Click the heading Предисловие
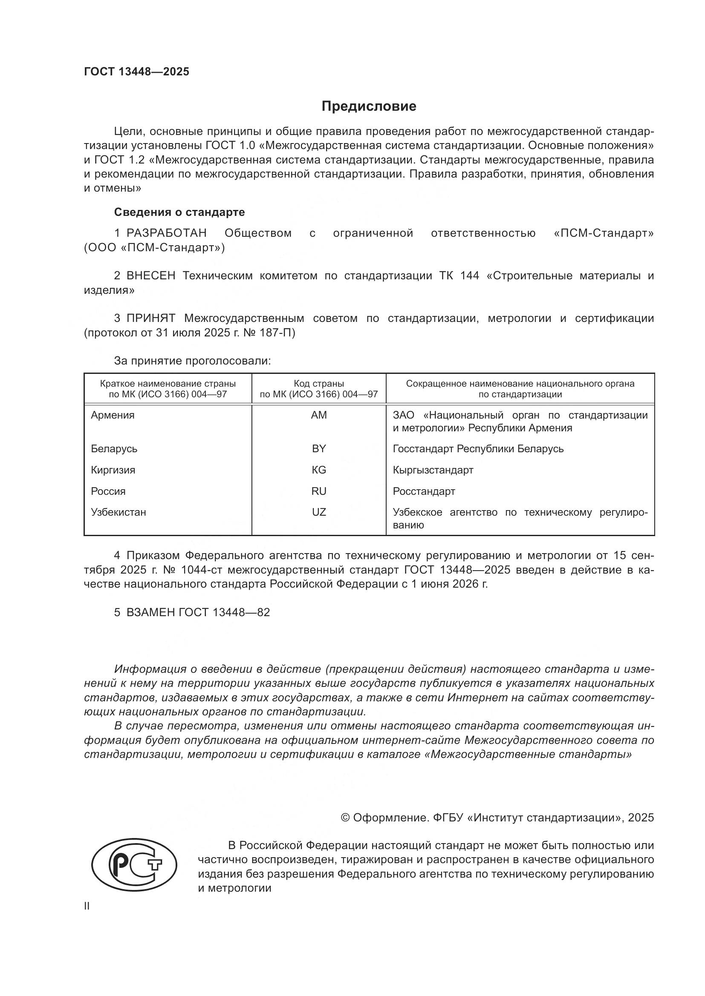[x=369, y=106]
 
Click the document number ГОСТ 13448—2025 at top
[x=137, y=72]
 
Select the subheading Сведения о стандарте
[x=179, y=212]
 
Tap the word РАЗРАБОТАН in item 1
[x=167, y=233]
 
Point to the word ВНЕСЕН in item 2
[x=151, y=276]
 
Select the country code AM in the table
[x=319, y=415]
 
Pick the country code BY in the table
[x=319, y=448]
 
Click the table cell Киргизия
[x=113, y=470]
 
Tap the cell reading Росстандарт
[x=424, y=491]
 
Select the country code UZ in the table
[x=319, y=512]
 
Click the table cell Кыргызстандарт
[x=433, y=470]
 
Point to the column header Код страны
[x=319, y=384]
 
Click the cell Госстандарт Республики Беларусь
[x=478, y=448]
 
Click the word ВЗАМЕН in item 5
[x=150, y=612]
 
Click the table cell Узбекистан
[x=118, y=512]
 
